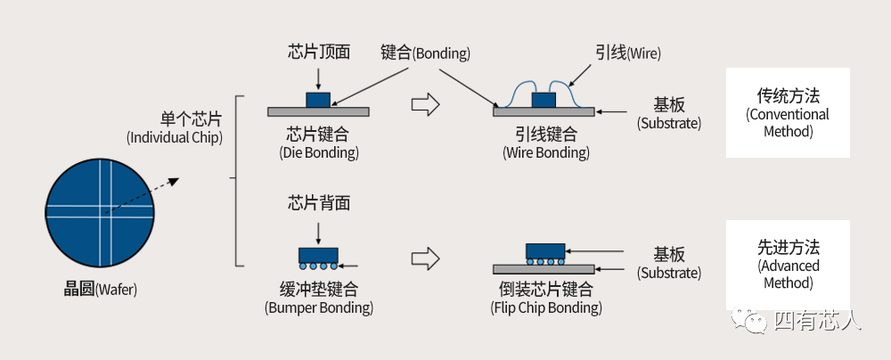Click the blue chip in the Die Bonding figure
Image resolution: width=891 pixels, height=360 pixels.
click(x=318, y=99)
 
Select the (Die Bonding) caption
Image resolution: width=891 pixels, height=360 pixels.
click(x=318, y=152)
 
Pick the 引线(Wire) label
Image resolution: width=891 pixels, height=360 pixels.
click(x=628, y=53)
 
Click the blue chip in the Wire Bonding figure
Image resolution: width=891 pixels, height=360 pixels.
click(x=544, y=99)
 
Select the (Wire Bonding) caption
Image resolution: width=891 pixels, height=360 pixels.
click(x=545, y=152)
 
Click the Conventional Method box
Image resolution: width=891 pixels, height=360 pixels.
click(x=787, y=113)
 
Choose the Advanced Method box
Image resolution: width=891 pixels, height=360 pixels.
click(x=787, y=265)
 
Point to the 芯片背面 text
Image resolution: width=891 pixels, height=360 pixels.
click(x=318, y=203)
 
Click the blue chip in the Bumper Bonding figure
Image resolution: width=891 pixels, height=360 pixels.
click(x=318, y=254)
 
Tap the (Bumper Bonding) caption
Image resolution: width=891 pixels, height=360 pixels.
click(x=318, y=308)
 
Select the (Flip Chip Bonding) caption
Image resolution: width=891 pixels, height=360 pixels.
click(x=545, y=308)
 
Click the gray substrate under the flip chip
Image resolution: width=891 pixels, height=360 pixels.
click(x=544, y=268)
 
